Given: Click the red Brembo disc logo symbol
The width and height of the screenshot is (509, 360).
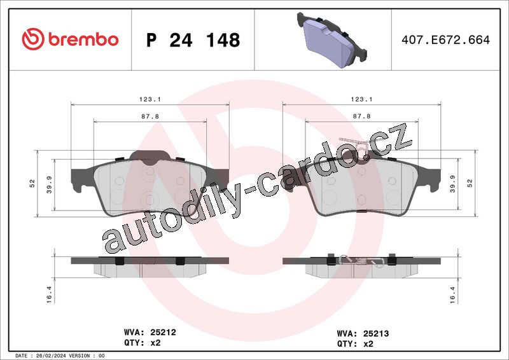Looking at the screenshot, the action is coord(33,39).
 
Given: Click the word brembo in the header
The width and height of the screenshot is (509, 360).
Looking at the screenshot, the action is coord(83,39).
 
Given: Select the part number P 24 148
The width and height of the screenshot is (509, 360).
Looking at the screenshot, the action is coord(193,40).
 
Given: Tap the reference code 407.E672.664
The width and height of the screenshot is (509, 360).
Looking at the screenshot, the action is coord(445,39).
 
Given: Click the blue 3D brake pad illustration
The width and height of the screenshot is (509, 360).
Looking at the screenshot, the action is coord(331,40).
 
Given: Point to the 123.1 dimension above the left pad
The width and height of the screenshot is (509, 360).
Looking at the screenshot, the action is coord(150,99).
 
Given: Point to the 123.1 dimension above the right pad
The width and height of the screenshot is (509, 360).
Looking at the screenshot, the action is coord(361,99).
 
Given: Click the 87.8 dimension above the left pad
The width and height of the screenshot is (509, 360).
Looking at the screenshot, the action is coord(150,116).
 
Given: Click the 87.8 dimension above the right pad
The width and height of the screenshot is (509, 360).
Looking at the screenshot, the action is coord(361,116).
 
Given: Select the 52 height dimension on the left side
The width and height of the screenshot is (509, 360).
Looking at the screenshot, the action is coord(32,183).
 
